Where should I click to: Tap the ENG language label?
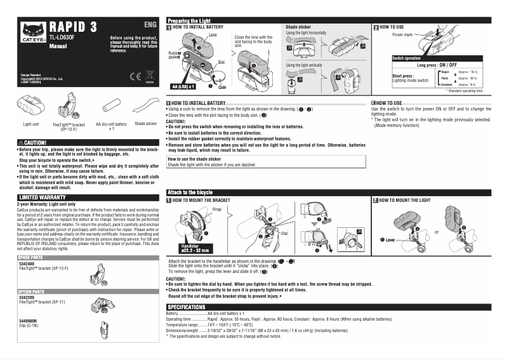click(x=150, y=25)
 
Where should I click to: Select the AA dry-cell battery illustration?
click(x=111, y=103)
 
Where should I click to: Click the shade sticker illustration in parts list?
click(x=145, y=103)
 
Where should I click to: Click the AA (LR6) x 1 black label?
click(x=183, y=86)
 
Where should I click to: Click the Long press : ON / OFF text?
click(x=437, y=65)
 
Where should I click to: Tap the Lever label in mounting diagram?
click(x=388, y=239)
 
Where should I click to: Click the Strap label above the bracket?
click(x=216, y=209)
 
